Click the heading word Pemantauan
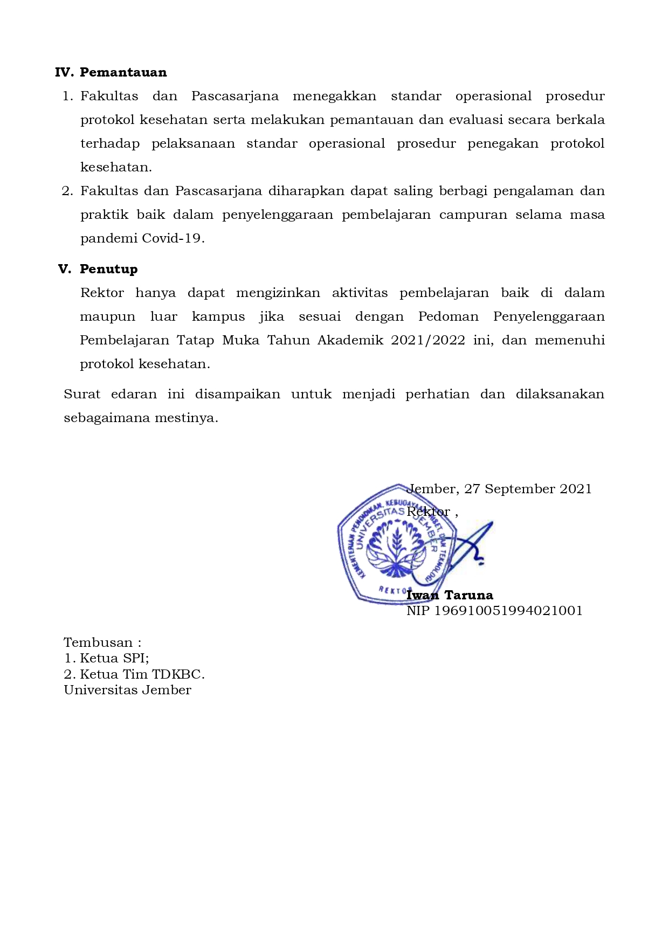(x=123, y=72)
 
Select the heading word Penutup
(x=108, y=269)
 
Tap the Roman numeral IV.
(x=64, y=72)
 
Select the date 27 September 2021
(x=528, y=489)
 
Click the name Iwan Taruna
(x=450, y=595)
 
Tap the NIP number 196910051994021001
(x=508, y=611)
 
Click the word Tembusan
(x=98, y=643)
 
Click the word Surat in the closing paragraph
(x=82, y=394)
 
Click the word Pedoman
(x=448, y=316)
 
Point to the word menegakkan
(x=334, y=96)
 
